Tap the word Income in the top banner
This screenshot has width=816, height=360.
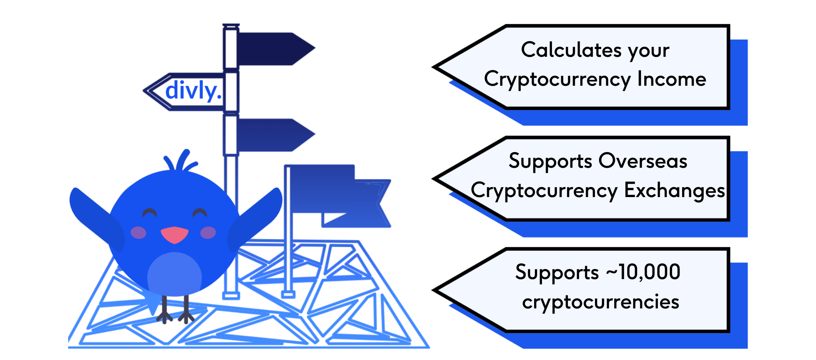[x=671, y=79]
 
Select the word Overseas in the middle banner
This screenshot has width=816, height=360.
[x=642, y=161]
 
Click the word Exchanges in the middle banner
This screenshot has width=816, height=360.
[x=674, y=190]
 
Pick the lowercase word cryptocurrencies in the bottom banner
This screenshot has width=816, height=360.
[x=601, y=302]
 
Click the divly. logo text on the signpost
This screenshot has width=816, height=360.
[x=193, y=91]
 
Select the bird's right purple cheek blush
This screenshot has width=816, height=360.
[x=208, y=233]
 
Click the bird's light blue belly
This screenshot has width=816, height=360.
[x=174, y=275]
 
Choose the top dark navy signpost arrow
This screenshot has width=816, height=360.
[x=274, y=49]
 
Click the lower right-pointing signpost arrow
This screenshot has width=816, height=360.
[x=274, y=135]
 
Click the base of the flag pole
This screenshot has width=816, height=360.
[x=288, y=295]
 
